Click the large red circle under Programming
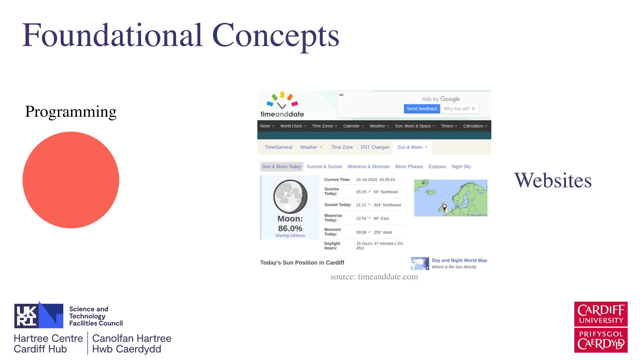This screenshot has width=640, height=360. click(x=71, y=180)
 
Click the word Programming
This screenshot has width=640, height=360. click(x=71, y=112)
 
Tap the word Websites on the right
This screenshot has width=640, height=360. click(x=553, y=180)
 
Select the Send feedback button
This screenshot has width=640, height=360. click(x=422, y=109)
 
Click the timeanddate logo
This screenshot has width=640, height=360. click(x=282, y=105)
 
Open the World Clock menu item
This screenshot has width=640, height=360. click(x=293, y=126)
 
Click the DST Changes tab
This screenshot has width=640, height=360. click(x=375, y=147)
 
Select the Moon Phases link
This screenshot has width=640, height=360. click(x=409, y=167)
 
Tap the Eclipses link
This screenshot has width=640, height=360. click(x=437, y=167)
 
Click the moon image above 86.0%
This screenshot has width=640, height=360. click(x=290, y=197)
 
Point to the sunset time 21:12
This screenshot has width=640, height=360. click(x=361, y=205)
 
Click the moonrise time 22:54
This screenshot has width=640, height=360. click(x=361, y=218)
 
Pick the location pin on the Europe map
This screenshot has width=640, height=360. click(x=444, y=207)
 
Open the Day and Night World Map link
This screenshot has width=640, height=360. click(x=459, y=260)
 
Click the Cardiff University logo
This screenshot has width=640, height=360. click(x=601, y=327)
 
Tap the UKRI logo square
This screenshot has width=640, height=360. click(x=39, y=315)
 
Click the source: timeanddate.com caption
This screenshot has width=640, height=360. click(x=374, y=277)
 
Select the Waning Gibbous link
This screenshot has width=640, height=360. click(x=290, y=236)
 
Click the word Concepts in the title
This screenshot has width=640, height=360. click(x=275, y=36)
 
